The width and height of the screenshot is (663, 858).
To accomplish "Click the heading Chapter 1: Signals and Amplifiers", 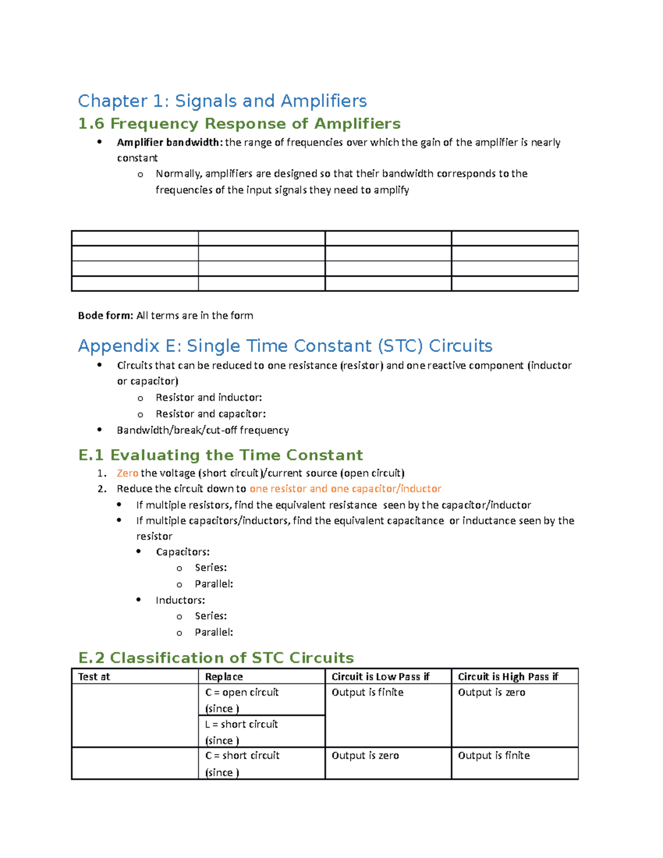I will (222, 101).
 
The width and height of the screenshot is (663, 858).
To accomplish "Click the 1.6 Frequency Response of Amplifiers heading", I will (239, 124).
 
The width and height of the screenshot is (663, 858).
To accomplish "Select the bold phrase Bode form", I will (105, 315).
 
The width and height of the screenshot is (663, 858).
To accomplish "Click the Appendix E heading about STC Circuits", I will (285, 346).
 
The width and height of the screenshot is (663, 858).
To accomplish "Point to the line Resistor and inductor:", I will (208, 397).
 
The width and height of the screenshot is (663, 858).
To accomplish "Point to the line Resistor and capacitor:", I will (211, 414).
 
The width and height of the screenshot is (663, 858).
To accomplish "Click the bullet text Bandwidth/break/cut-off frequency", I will (203, 430).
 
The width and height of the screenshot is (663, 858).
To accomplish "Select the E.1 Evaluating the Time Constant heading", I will (220, 455).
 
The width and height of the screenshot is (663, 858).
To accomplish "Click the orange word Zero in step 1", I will (127, 473).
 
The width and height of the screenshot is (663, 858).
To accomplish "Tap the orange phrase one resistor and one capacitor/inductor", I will (345, 488).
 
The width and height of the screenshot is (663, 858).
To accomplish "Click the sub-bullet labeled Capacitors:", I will (182, 552).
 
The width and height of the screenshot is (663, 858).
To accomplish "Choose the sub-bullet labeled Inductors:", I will (180, 600).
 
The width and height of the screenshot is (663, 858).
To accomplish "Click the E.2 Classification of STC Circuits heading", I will (216, 658).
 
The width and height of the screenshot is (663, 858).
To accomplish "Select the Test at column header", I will (94, 677).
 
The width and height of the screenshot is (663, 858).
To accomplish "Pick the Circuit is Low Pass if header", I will (380, 677).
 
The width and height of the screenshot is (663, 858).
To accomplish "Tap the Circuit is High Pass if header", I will (508, 677).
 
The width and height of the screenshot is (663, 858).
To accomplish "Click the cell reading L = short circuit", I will (241, 724).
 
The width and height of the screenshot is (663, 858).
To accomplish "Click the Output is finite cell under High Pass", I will (493, 755).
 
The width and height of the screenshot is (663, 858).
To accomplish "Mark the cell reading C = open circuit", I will (242, 692).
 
